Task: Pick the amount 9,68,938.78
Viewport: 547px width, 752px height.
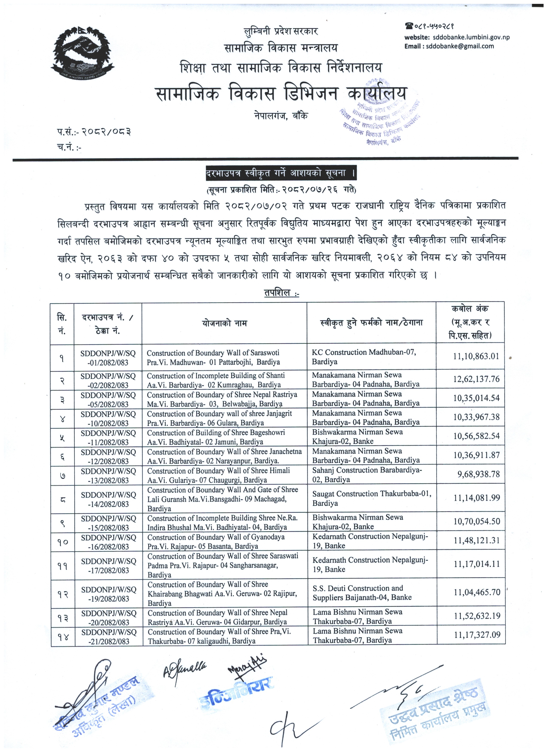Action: tap(478, 474)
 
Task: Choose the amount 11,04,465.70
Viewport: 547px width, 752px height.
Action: tap(477, 592)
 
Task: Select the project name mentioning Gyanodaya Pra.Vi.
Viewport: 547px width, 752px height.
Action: tap(216, 541)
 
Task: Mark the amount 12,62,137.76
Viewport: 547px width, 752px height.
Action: tap(476, 379)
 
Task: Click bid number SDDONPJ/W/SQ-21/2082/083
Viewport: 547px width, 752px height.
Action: tap(109, 637)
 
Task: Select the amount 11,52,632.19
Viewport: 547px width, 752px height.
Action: tap(477, 616)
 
